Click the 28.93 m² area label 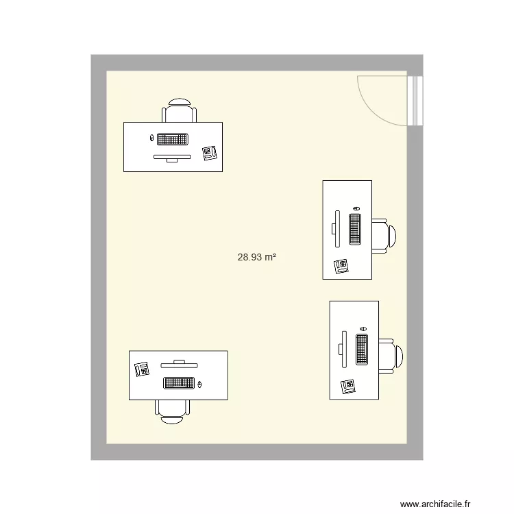click(x=256, y=258)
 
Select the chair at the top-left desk click(x=180, y=111)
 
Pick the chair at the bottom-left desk click(x=172, y=410)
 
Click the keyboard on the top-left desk click(x=173, y=139)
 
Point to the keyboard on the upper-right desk click(x=355, y=230)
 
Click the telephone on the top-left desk click(x=210, y=152)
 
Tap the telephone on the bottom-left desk click(x=143, y=369)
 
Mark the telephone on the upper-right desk click(x=341, y=265)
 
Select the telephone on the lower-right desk click(x=348, y=387)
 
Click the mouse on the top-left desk click(x=152, y=138)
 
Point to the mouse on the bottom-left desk click(x=200, y=384)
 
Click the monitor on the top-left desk click(x=172, y=158)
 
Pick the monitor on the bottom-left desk click(x=179, y=361)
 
